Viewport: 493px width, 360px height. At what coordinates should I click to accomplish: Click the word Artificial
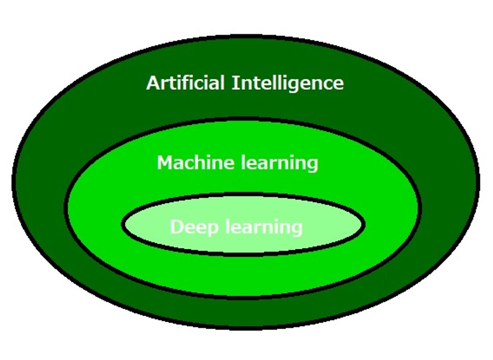click(x=185, y=83)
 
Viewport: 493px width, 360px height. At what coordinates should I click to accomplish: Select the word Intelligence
click(x=288, y=84)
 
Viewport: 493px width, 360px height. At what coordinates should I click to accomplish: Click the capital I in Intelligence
click(x=235, y=83)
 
